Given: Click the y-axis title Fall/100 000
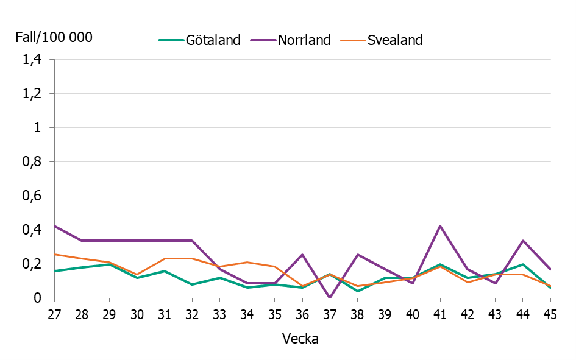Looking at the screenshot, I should [54, 37].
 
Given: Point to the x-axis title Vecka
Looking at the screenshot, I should [300, 339].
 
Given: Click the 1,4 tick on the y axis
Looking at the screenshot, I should [31, 60].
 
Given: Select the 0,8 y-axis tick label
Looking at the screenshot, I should [31, 162].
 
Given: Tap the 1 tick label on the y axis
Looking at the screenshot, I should [38, 128].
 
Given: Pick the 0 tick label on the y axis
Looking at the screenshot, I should [37, 298].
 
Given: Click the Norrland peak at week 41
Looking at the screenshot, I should [440, 226].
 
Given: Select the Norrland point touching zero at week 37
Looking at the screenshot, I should [330, 297].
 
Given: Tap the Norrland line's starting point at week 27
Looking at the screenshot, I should [55, 226].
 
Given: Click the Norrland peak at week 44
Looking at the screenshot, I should [522, 241].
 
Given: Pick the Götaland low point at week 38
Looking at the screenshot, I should [357, 291].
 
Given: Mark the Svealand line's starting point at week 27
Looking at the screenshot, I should [55, 254].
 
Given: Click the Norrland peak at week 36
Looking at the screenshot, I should [302, 255].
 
